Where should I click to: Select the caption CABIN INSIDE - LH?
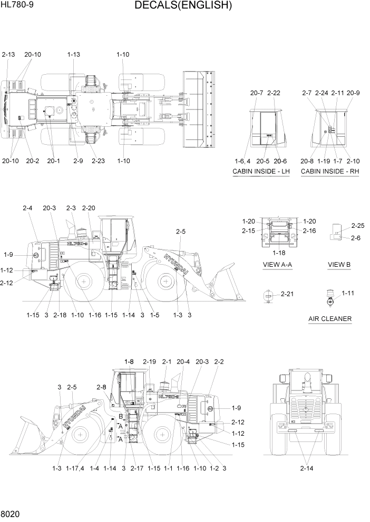[261, 172]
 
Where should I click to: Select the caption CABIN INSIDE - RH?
[329, 172]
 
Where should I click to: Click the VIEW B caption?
[339, 264]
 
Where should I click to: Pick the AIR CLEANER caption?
[330, 319]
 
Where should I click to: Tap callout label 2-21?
[287, 294]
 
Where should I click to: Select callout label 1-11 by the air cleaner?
[348, 293]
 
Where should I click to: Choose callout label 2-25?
[358, 226]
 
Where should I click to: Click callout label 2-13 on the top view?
[9, 54]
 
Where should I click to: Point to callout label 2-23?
[98, 160]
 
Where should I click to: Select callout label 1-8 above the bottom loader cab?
[130, 362]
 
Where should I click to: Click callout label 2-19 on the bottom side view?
[150, 362]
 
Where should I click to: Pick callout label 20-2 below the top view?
[33, 160]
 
